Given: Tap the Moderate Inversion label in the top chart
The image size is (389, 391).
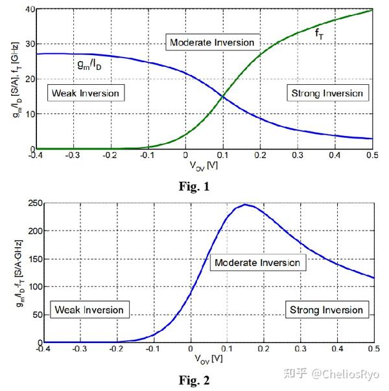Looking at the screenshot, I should [x=211, y=43].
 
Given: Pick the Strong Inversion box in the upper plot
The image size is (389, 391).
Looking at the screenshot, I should [x=325, y=93].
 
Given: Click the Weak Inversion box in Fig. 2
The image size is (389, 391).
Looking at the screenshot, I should [x=89, y=309].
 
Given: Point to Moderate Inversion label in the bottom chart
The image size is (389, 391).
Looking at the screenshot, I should [x=256, y=263].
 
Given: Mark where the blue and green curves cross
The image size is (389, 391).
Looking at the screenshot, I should [x=223, y=96].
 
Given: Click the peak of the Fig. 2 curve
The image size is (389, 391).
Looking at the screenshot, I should [x=246, y=205].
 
